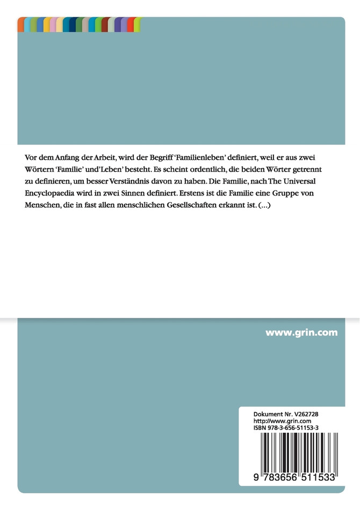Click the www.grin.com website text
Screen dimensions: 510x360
[301, 332]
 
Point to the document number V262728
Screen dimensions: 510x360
[308, 415]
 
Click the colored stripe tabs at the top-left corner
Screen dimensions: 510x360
[79, 24]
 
